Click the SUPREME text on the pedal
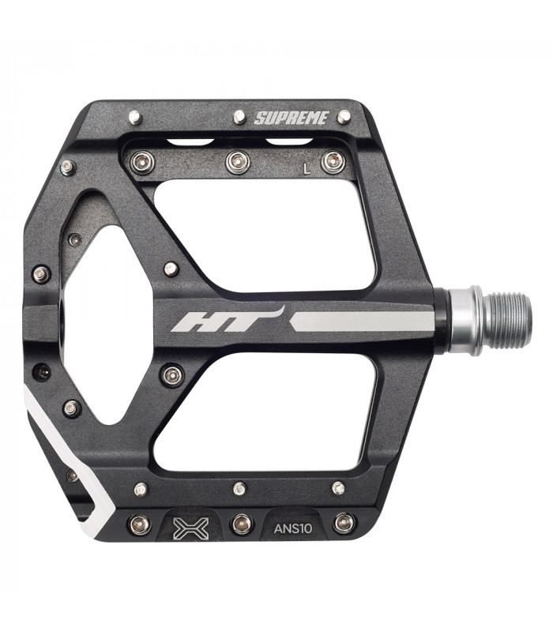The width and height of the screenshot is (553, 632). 292,118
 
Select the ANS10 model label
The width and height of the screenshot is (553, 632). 293,528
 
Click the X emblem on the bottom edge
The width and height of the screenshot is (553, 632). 191,528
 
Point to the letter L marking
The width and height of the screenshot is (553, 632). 307,169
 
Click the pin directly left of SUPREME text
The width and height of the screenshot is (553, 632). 239,117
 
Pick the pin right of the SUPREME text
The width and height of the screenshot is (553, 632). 344,117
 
